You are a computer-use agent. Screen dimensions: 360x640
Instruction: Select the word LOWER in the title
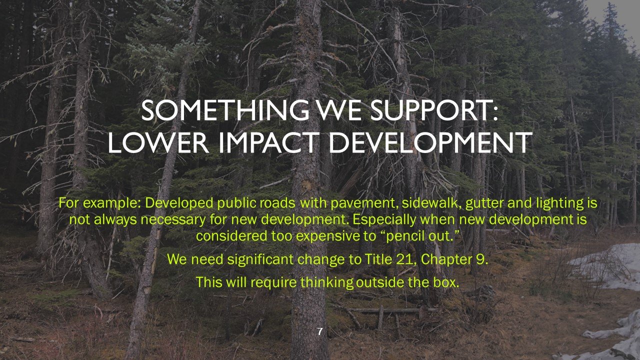click(x=149, y=143)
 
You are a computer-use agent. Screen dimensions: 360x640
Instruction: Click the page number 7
click(x=320, y=331)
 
